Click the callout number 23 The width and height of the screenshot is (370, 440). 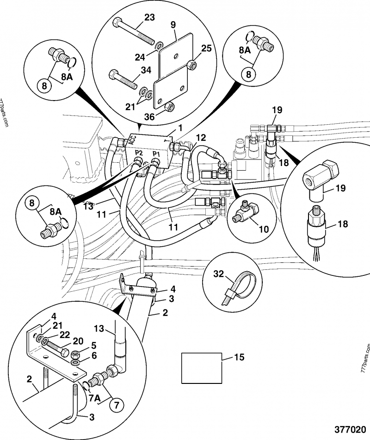pyautogui.click(x=149, y=18)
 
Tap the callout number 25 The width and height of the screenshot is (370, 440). pyautogui.click(x=206, y=48)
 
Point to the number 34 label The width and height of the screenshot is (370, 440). pyautogui.click(x=146, y=70)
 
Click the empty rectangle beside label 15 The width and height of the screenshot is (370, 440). pyautogui.click(x=201, y=368)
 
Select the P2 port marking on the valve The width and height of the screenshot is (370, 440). pyautogui.click(x=138, y=153)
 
